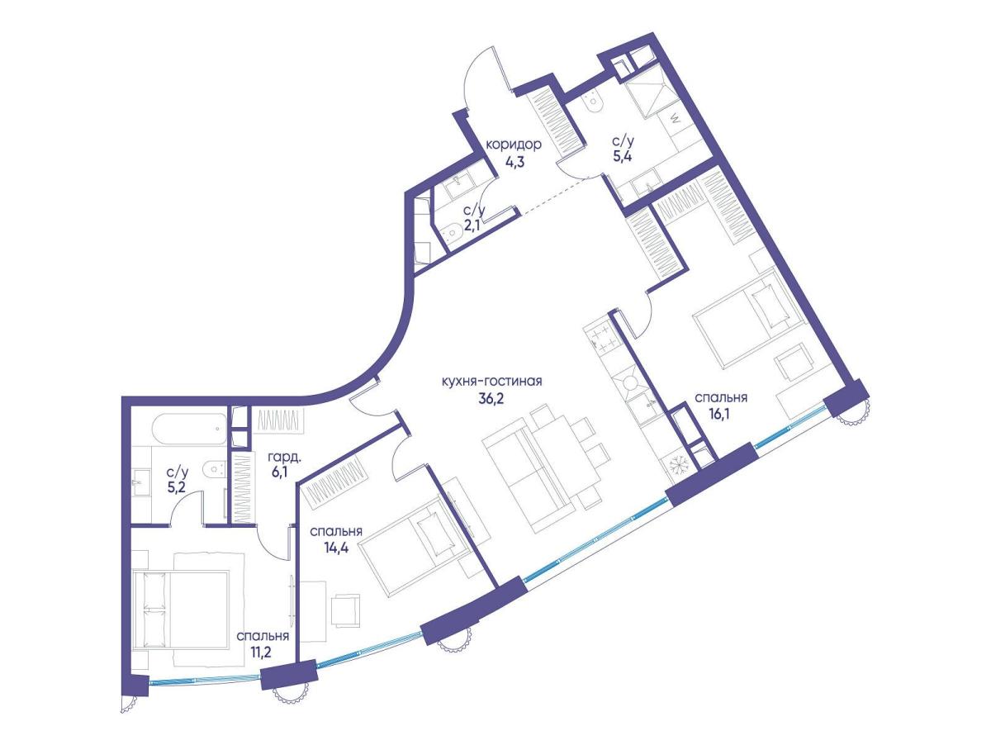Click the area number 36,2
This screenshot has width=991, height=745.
coord(491,399)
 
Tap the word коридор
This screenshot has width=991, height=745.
coord(513,145)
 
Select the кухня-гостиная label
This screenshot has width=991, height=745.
coord(491,382)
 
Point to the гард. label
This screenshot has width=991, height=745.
coord(284,458)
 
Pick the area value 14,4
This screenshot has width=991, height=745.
coord(336,548)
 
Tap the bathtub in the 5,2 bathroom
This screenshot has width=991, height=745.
coord(190,427)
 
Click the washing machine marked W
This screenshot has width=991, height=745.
coord(673,121)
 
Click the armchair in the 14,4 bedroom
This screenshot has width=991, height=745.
coord(346,610)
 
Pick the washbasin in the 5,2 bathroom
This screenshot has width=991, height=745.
coord(142,482)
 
